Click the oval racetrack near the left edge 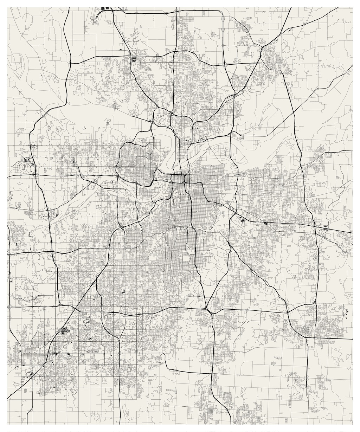pyautogui.click(x=24, y=166)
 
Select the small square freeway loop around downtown pyautogui.click(x=179, y=179)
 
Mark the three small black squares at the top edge pyautogui.click(x=105, y=8)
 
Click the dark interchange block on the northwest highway pyautogui.click(x=134, y=59)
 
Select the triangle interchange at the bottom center pyautogui.click(x=210, y=309)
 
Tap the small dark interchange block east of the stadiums pyautogui.click(x=265, y=224)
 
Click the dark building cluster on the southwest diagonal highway pyautogui.click(x=64, y=330)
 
